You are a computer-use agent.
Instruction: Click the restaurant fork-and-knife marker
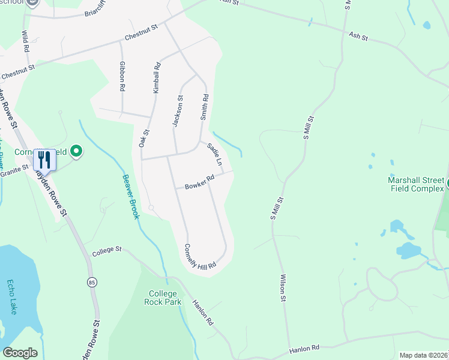(44, 160)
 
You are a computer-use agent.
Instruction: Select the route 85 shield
(91, 282)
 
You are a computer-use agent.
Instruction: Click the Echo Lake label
(13, 297)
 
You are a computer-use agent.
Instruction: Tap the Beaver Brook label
(131, 196)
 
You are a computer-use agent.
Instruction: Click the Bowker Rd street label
(199, 181)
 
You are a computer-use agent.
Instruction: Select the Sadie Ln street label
(215, 154)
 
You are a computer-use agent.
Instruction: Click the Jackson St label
(177, 111)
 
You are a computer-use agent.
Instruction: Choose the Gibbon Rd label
(122, 76)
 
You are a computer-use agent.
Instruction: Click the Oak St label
(144, 138)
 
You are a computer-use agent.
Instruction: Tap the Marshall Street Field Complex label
(415, 185)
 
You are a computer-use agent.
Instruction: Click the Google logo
(20, 353)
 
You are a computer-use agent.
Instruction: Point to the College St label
(107, 251)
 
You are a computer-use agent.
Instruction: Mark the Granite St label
(14, 172)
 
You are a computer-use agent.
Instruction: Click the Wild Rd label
(25, 41)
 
